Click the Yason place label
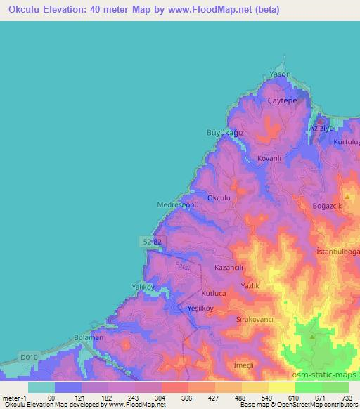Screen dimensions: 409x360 pyautogui.click(x=280, y=74)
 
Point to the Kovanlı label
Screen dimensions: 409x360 pyautogui.click(x=269, y=159)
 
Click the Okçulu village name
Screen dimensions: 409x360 pyautogui.click(x=218, y=199)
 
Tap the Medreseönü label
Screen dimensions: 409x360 pyautogui.click(x=178, y=205)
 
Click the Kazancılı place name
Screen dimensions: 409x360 pyautogui.click(x=229, y=268)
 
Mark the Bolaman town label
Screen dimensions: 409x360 pyautogui.click(x=89, y=338)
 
